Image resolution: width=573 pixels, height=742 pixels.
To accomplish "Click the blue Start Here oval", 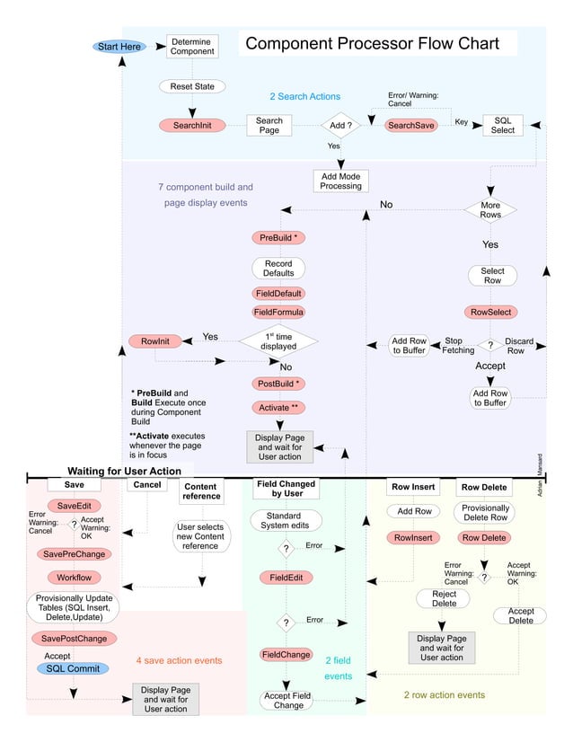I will (119, 47).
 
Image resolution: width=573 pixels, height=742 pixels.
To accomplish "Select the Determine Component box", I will (192, 47).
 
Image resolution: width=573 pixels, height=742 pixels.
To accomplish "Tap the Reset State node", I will (192, 86).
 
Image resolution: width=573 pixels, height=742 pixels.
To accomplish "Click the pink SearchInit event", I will (192, 126).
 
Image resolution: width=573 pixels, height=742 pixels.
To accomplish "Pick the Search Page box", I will (269, 126).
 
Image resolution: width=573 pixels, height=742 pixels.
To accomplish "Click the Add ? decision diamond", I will (340, 126).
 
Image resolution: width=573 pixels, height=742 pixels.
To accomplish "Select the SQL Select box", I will (503, 125).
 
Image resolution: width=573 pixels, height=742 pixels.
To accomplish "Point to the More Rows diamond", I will (490, 210).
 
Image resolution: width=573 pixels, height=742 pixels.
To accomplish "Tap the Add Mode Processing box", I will (340, 181).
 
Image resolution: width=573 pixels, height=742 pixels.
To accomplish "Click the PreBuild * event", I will (278, 238).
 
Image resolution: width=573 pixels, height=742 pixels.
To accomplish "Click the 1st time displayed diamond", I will (278, 340).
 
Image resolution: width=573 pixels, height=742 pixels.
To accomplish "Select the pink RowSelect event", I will (492, 313).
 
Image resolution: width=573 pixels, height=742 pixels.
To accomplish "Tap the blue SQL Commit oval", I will (73, 669).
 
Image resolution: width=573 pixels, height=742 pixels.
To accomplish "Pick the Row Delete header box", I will (484, 488).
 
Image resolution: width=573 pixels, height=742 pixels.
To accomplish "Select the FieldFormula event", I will (278, 313).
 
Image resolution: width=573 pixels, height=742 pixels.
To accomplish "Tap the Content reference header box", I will (201, 490).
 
